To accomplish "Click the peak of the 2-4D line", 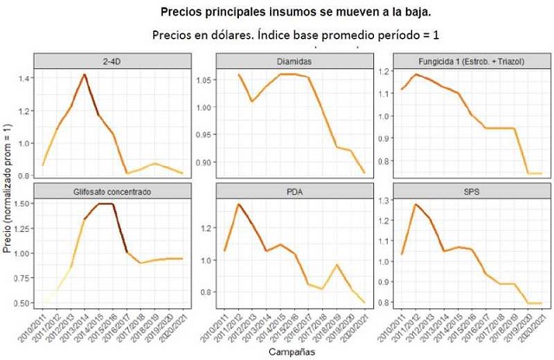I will click(84, 74).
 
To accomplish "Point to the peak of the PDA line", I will click(239, 204).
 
